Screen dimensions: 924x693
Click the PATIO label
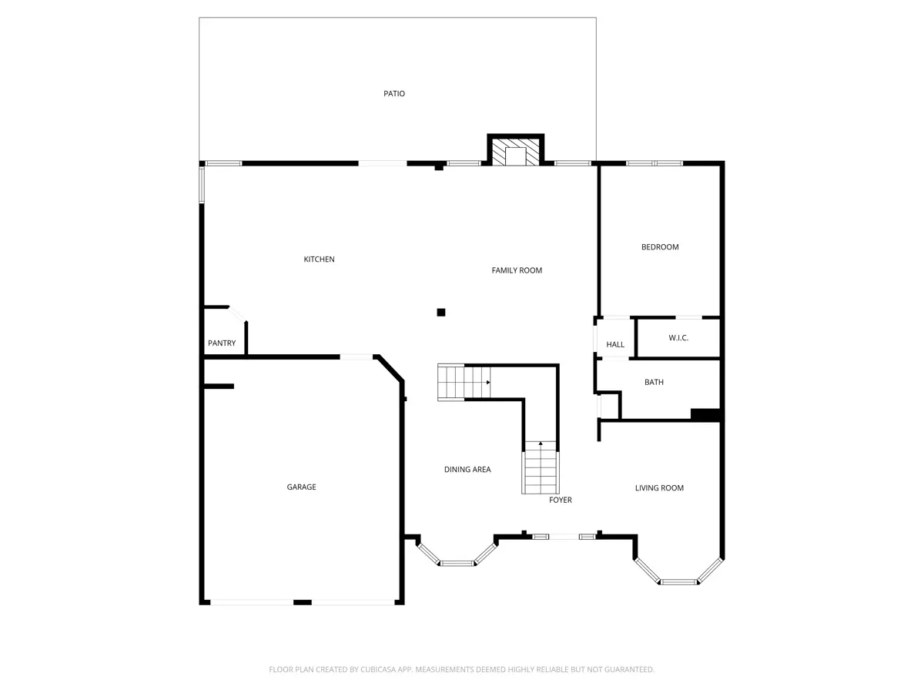pyautogui.click(x=394, y=93)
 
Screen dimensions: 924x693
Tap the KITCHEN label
pyautogui.click(x=319, y=259)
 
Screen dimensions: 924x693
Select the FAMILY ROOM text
pyautogui.click(x=517, y=270)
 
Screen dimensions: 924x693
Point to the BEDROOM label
pyautogui.click(x=660, y=247)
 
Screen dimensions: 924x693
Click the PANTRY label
pyautogui.click(x=222, y=343)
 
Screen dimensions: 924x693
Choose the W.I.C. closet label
pyautogui.click(x=678, y=337)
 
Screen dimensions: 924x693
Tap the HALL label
pyautogui.click(x=615, y=345)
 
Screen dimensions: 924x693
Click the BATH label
pyautogui.click(x=654, y=382)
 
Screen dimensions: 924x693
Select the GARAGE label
pyautogui.click(x=301, y=487)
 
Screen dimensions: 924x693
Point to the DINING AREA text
pyautogui.click(x=467, y=469)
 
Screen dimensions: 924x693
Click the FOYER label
pyautogui.click(x=561, y=500)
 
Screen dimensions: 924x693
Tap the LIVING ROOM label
pyautogui.click(x=659, y=487)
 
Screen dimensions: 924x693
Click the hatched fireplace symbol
pyautogui.click(x=516, y=152)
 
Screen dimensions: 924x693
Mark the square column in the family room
pyautogui.click(x=440, y=312)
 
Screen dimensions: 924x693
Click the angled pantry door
pyautogui.click(x=237, y=314)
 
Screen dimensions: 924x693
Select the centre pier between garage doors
pyautogui.click(x=303, y=602)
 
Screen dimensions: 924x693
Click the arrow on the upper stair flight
pyautogui.click(x=488, y=383)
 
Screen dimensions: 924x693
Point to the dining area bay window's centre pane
pyautogui.click(x=457, y=563)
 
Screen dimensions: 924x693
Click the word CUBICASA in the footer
pyautogui.click(x=377, y=669)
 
